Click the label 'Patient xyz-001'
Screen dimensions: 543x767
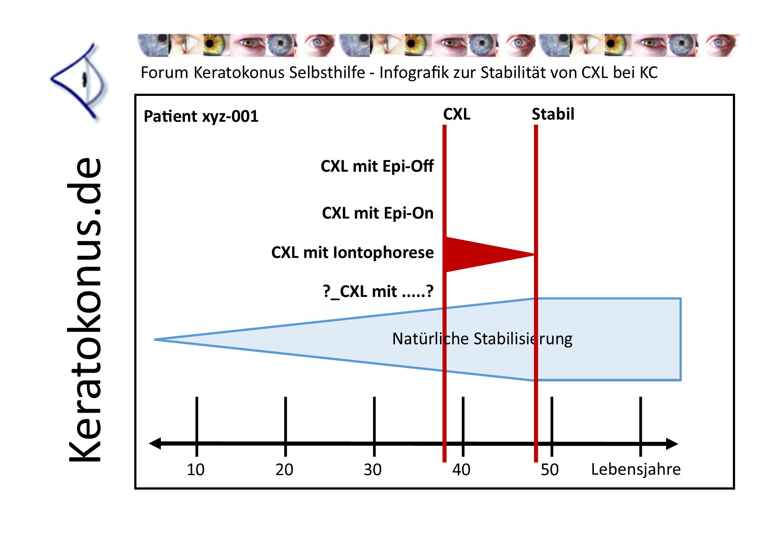tap(201, 116)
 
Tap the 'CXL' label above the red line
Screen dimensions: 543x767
tap(457, 114)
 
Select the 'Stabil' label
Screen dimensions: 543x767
tap(553, 114)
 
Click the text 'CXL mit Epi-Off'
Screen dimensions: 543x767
tap(377, 166)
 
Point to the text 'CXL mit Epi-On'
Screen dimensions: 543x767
tap(378, 213)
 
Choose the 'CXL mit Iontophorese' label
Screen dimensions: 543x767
tap(352, 253)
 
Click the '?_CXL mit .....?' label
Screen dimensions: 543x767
tap(378, 291)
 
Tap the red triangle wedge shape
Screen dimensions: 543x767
tap(477, 254)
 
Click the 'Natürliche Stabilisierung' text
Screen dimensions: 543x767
tap(482, 339)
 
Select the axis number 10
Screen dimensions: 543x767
tap(195, 470)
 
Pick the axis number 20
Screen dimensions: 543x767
tap(284, 470)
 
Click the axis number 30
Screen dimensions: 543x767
tap(373, 470)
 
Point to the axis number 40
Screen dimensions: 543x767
tap(461, 470)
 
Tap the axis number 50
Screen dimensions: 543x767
tap(550, 470)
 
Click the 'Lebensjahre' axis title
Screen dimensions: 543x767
tap(636, 469)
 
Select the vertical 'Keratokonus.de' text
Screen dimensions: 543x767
tap(85, 309)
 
